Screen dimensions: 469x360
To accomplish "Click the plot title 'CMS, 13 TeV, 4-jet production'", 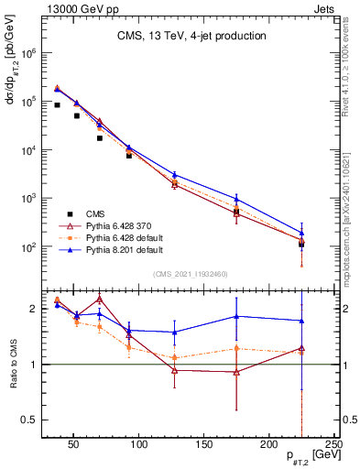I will click(x=191, y=37).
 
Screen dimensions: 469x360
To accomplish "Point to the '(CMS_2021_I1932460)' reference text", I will click(x=191, y=272).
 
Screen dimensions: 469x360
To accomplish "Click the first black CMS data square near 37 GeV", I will click(x=57, y=105).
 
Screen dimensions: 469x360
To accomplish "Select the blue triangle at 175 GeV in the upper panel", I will click(x=236, y=199).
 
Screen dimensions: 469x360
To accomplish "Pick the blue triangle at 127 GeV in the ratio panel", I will click(x=174, y=332).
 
